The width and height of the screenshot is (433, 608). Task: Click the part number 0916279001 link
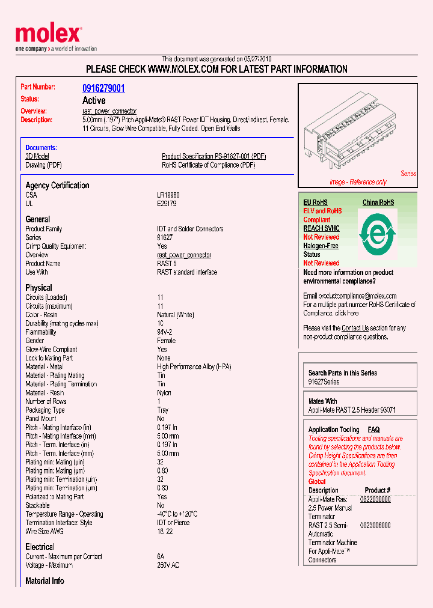click(103, 88)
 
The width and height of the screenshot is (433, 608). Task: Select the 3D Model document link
click(37, 156)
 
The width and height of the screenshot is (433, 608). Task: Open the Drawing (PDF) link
click(43, 165)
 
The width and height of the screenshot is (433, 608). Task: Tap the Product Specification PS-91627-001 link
click(213, 156)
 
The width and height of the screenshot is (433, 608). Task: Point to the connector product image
click(357, 136)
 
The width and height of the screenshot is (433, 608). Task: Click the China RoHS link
click(378, 202)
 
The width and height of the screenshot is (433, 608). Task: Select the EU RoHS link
click(315, 202)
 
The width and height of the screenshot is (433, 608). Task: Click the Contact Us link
click(355, 328)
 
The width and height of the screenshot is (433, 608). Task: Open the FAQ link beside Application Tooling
click(373, 430)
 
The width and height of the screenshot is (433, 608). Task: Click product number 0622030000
click(375, 499)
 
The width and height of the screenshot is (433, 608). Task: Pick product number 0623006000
click(375, 525)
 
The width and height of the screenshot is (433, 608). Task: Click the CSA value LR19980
click(168, 195)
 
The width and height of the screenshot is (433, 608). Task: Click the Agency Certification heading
click(57, 186)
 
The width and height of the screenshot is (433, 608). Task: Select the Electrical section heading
click(40, 547)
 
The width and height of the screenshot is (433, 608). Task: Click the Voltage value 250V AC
click(168, 565)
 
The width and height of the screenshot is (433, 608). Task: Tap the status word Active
click(94, 100)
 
